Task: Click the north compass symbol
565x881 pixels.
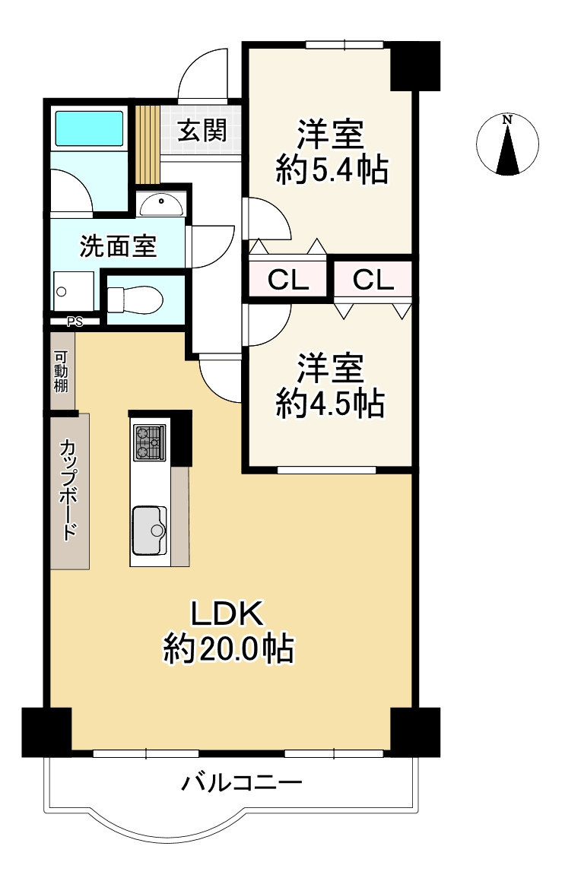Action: pyautogui.click(x=507, y=144)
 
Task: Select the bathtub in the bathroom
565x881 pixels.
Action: pyautogui.click(x=89, y=128)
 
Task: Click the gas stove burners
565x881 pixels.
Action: pyautogui.click(x=150, y=442)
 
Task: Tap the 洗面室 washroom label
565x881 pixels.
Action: pyautogui.click(x=118, y=246)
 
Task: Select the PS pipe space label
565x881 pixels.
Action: pyautogui.click(x=75, y=322)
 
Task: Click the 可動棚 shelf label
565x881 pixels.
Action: pyautogui.click(x=61, y=371)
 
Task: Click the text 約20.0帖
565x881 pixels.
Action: pyautogui.click(x=229, y=649)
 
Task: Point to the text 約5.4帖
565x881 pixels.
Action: pyautogui.click(x=332, y=169)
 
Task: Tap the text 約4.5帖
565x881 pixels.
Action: pyautogui.click(x=331, y=402)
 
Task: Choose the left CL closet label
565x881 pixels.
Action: pyautogui.click(x=288, y=280)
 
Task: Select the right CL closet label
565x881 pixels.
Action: pyautogui.click(x=373, y=279)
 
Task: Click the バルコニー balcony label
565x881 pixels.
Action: pyautogui.click(x=242, y=781)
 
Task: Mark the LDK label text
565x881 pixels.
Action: pyautogui.click(x=227, y=613)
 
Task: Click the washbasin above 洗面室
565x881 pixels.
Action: pyautogui.click(x=161, y=204)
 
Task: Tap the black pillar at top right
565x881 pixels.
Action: pyautogui.click(x=415, y=65)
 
